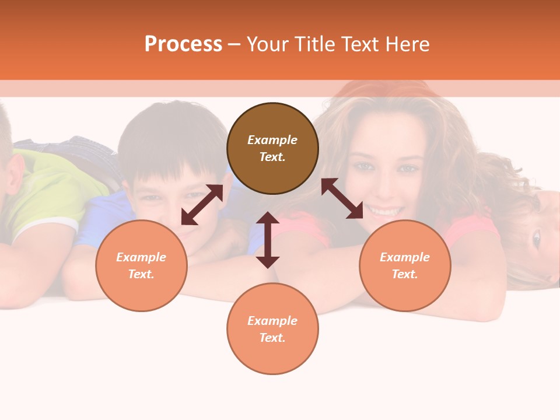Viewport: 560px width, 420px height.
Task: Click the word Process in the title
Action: [x=183, y=44]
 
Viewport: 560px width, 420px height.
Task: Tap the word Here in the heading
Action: [x=408, y=44]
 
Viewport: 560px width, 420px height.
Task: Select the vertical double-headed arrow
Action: [x=268, y=240]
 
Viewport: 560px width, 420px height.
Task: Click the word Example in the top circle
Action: [x=272, y=140]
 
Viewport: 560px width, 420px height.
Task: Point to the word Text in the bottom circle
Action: [x=272, y=338]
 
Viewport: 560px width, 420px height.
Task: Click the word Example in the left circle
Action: [x=141, y=257]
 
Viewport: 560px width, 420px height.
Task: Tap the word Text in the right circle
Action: [x=405, y=274]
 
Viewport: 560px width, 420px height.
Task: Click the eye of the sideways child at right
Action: [x=535, y=237]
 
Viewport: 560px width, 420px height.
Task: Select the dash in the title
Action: [x=235, y=45]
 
